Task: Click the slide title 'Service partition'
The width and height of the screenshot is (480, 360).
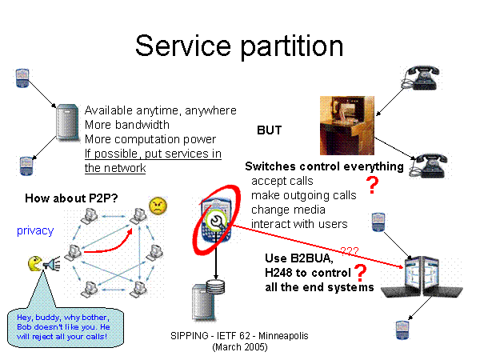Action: point(239,45)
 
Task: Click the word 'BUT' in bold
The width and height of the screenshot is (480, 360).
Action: point(270,130)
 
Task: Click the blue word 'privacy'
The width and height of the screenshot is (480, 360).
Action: point(35,230)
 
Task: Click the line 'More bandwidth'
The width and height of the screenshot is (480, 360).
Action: point(126,125)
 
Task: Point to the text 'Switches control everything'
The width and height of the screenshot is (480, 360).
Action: point(324,166)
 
